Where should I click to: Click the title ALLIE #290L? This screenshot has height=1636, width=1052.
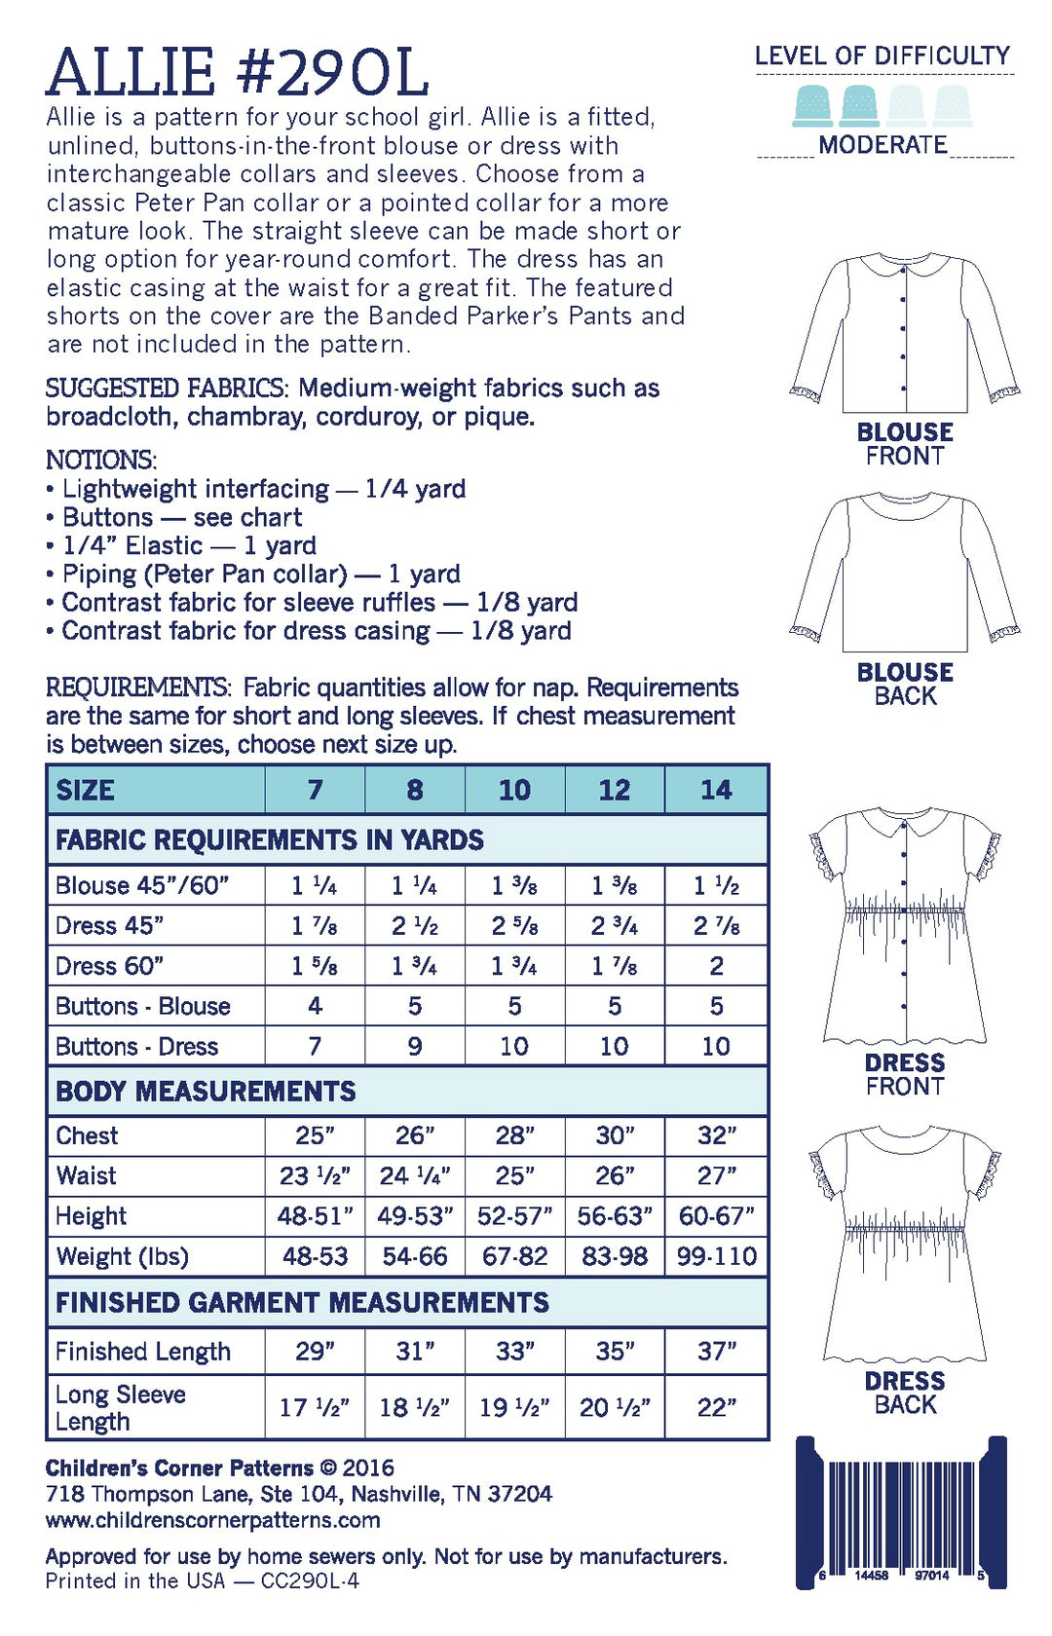[237, 72]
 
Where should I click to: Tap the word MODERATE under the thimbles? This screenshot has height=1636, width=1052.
[883, 145]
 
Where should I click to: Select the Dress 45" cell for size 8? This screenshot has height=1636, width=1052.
[414, 925]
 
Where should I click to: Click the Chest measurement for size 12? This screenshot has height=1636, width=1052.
[615, 1135]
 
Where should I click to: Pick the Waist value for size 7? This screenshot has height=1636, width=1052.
[315, 1175]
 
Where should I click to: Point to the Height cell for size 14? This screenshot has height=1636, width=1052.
[716, 1215]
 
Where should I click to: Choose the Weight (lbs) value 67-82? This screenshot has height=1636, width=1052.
[514, 1256]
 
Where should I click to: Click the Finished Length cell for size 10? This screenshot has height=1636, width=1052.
[514, 1351]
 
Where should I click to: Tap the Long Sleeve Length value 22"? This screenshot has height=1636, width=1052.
[716, 1407]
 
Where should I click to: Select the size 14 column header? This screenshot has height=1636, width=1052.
[716, 790]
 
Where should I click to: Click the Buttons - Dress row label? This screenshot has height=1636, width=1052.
[137, 1046]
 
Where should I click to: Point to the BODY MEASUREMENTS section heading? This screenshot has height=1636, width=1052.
[206, 1091]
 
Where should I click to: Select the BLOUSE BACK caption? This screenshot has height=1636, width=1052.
[905, 684]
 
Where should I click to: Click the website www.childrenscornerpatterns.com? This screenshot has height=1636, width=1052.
[212, 1520]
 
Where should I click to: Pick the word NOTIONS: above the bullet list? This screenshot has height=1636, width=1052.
[101, 460]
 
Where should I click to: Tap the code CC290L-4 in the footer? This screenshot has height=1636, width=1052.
[310, 1580]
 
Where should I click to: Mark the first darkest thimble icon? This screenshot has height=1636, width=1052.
[812, 105]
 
